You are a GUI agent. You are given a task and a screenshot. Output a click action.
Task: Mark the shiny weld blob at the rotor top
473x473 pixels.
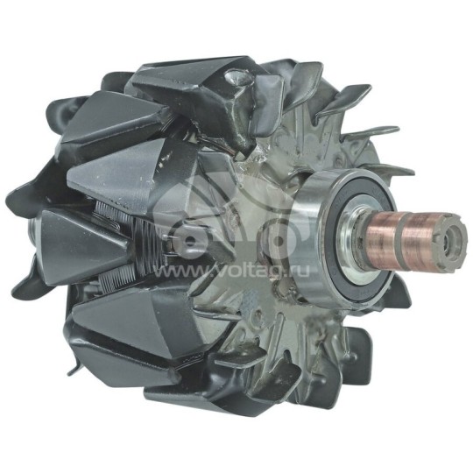point(235,80)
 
